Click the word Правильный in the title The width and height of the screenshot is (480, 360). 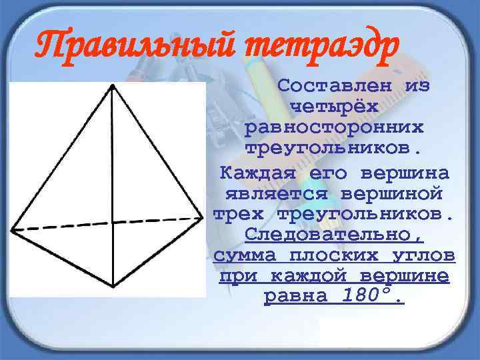[136, 47]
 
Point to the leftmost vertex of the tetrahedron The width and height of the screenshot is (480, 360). [11, 231]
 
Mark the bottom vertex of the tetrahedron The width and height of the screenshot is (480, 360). [114, 287]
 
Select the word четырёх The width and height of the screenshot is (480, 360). [333, 107]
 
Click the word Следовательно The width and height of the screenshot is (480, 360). [333, 235]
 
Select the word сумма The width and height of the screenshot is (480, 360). [242, 256]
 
